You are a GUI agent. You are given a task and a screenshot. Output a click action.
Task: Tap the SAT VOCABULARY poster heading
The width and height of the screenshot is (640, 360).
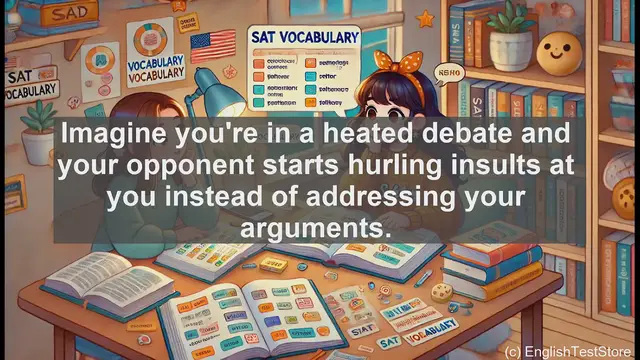303,37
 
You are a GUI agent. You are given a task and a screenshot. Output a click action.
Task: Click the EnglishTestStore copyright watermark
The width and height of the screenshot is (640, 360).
569,351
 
